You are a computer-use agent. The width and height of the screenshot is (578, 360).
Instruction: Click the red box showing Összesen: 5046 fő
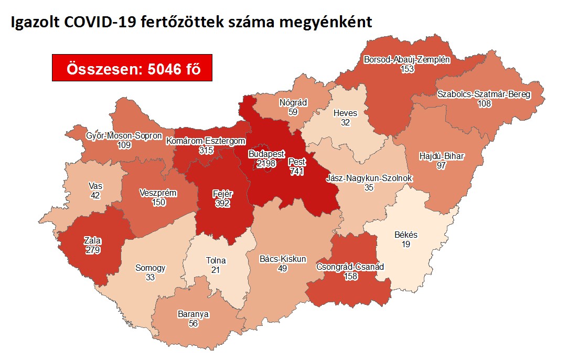(x=132, y=68)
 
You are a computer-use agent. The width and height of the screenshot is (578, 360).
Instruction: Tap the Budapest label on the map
(x=270, y=155)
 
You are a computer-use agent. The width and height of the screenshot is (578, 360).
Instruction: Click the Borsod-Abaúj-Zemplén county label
(x=407, y=60)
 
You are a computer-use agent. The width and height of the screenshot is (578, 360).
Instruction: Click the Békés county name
(x=406, y=235)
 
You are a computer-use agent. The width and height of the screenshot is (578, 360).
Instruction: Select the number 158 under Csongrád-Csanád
(x=350, y=276)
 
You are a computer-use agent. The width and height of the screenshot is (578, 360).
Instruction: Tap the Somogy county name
(x=150, y=268)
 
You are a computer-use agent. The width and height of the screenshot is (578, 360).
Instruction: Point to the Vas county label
(x=95, y=186)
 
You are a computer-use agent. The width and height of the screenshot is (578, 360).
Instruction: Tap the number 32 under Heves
(x=345, y=122)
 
